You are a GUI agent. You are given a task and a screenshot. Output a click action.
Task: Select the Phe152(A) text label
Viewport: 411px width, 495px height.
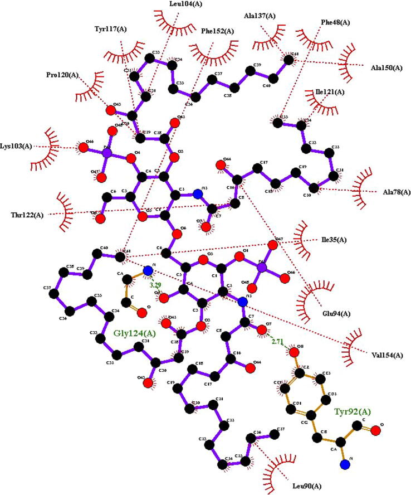pyautogui.click(x=218, y=31)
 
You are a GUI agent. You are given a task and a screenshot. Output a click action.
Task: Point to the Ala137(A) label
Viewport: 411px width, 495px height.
pyautogui.click(x=260, y=16)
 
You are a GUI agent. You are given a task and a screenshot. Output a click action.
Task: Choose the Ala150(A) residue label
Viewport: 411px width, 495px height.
pyautogui.click(x=386, y=68)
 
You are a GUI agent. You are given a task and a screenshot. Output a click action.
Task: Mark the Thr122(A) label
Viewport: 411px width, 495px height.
pyautogui.click(x=28, y=214)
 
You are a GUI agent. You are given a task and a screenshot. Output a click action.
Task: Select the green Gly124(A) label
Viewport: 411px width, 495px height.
pyautogui.click(x=135, y=334)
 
